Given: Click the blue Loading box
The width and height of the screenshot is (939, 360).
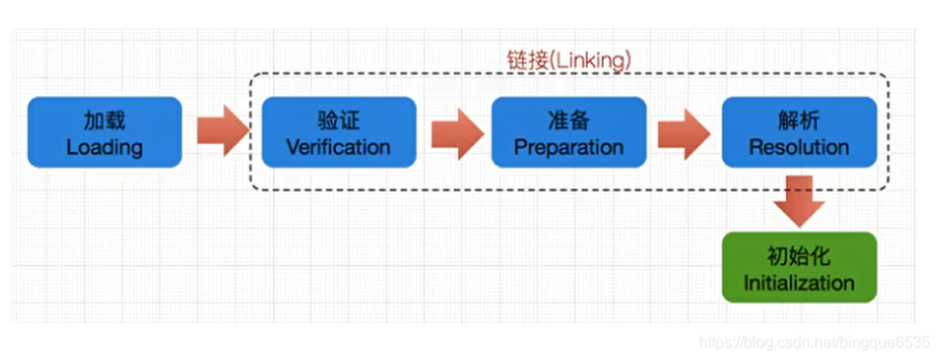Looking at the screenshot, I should tap(105, 133).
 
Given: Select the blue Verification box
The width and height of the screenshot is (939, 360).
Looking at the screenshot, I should tap(339, 133).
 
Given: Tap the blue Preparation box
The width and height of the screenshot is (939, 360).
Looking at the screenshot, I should tap(568, 133).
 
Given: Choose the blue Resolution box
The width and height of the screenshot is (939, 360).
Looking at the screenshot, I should tap(799, 133).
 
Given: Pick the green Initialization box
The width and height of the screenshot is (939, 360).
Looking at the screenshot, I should tap(799, 268).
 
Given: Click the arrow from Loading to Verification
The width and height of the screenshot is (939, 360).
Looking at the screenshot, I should tap(222, 133).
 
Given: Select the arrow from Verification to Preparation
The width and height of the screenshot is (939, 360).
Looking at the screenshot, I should tap(456, 133).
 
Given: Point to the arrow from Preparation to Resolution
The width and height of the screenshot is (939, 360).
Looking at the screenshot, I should tap(683, 133).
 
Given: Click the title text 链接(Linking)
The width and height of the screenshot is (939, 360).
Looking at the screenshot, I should tap(568, 58).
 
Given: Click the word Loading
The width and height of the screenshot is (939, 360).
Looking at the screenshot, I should tap(105, 148).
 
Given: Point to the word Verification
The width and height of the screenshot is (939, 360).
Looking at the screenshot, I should tap(339, 148).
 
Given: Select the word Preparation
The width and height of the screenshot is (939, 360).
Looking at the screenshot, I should tap(568, 148).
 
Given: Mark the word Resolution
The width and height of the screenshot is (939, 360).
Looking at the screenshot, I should tap(799, 148).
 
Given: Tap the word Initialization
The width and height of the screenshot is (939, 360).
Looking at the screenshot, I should tap(799, 284).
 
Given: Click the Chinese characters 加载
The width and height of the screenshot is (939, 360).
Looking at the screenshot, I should tap(105, 120).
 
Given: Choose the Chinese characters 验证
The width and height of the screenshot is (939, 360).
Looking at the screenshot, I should tap(339, 120).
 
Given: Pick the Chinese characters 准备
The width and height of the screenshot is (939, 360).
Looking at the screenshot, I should tap(568, 120).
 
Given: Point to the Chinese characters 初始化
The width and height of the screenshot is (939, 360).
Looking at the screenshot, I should tap(799, 256).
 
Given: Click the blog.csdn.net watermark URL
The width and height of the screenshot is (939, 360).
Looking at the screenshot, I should tap(813, 343).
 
